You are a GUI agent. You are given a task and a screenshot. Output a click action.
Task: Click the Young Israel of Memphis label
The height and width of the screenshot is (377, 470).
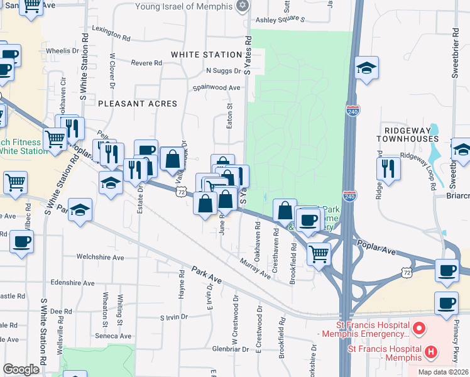[x=185, y=7]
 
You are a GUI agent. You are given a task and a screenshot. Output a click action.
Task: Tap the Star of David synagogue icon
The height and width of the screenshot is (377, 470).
[x=243, y=6]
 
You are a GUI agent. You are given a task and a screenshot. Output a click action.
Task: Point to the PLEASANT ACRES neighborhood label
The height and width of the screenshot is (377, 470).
[x=137, y=103]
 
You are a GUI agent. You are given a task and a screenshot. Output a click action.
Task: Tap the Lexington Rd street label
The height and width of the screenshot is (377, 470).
[x=111, y=29]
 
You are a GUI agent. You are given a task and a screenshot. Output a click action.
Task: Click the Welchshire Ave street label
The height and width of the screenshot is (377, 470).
[x=101, y=257]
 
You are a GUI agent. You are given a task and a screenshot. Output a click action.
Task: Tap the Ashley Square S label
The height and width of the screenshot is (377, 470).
[x=280, y=19]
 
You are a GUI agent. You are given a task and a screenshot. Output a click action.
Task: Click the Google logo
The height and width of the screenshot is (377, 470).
[x=21, y=369]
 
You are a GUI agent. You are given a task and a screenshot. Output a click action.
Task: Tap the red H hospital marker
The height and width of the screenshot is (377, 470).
[x=430, y=352]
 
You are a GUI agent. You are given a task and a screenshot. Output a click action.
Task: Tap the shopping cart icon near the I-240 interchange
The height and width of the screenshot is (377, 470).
[x=319, y=254]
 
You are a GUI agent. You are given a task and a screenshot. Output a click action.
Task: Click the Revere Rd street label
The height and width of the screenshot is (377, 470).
[x=147, y=63]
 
